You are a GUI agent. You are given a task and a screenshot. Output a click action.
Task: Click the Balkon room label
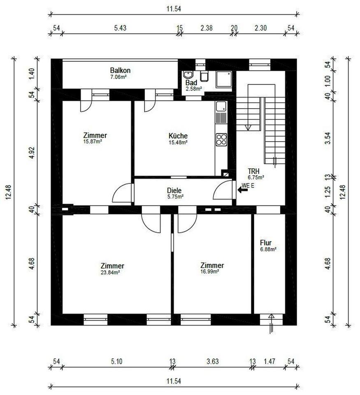coord(120,70)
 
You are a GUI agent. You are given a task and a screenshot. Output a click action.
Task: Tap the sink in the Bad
coord(188,75)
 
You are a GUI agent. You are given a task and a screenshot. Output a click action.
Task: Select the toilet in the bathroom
coord(204,76)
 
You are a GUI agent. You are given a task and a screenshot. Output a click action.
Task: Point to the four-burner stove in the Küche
coord(221,139)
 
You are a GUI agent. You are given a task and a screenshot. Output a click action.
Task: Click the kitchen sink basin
coord(221,106)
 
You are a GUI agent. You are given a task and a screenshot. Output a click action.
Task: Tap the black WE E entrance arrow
coord(242,190)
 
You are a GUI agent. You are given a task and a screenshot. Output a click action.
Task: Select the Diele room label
coord(174,191)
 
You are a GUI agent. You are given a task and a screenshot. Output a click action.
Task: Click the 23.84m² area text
coord(110,272)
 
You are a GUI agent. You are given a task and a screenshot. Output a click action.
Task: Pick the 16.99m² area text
coord(209,272)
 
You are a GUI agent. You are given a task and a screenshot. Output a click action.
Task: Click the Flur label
coord(266,243)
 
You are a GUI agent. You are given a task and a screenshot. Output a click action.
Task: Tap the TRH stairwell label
coord(253,171)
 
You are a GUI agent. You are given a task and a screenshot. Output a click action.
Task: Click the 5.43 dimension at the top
coord(120,28)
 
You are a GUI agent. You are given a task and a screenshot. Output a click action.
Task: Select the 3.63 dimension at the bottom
coord(213,362)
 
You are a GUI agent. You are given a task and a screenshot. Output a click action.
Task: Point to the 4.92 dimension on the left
coord(32,153)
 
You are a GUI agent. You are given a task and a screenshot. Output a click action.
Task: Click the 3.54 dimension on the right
coord(328,138)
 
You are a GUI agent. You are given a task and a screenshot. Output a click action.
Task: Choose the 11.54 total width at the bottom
coord(174,381)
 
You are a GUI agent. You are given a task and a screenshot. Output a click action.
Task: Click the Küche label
coord(178,136)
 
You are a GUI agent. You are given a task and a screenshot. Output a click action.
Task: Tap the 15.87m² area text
coord(93,142)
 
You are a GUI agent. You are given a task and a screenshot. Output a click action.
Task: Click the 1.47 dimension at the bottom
coord(269,362)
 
